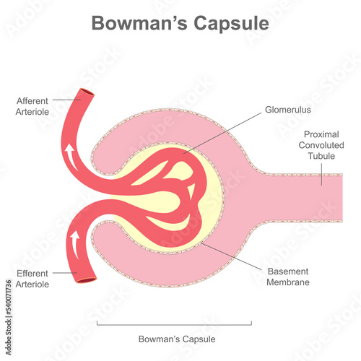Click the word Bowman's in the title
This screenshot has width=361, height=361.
pos(139,23)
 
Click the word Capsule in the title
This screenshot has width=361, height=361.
pos(231,24)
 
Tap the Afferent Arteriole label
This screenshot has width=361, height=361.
pos(32,106)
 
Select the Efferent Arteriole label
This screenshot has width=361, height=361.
pos(32,279)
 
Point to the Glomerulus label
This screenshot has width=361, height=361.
pos(288,110)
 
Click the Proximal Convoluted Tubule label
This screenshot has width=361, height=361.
pos(321,145)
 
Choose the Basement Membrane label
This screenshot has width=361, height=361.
pos(288,277)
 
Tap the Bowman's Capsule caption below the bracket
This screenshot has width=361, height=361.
pos(177,339)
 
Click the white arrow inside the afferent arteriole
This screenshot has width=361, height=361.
pos(71,157)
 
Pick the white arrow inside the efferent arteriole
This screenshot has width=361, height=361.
pos(75,244)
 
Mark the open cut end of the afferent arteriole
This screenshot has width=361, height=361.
pos(87,92)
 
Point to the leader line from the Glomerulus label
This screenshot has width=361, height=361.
pos(222,133)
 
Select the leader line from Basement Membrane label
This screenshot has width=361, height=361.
pos(231,256)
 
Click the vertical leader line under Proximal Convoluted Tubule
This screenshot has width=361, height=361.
pos(321,174)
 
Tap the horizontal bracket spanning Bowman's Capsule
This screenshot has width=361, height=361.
pos(174,325)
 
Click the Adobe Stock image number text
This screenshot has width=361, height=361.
pos(9,317)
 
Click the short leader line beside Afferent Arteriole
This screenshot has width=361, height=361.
pos(66,100)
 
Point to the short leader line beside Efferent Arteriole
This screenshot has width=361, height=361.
pos(65,273)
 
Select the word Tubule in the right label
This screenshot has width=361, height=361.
pos(321,156)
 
